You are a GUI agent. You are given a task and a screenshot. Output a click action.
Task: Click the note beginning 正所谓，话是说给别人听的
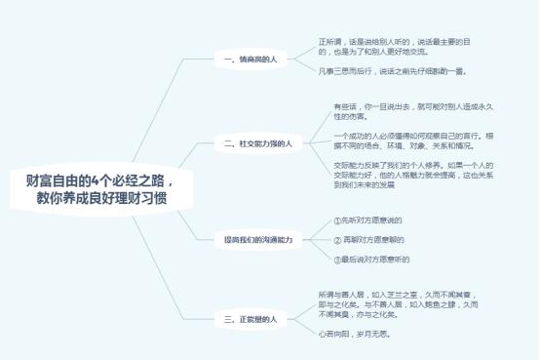pyautogui.click(x=395, y=46)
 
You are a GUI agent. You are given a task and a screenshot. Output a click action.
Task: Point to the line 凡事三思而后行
pyautogui.click(x=392, y=71)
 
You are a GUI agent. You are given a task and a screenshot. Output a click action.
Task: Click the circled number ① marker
pyautogui.click(x=337, y=220)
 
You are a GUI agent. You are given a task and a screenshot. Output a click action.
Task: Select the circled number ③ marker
pyautogui.click(x=337, y=259)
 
